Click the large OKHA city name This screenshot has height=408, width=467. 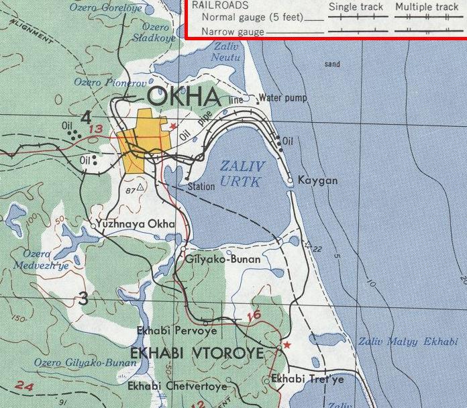[x=183, y=97]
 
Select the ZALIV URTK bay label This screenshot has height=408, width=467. [x=243, y=172]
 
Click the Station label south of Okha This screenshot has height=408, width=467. [x=201, y=187]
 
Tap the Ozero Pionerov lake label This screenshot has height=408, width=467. [x=101, y=82]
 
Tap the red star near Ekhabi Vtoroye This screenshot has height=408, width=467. [x=287, y=344]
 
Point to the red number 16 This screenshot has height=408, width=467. [x=252, y=315]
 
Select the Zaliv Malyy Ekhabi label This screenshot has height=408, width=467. [x=407, y=342]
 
